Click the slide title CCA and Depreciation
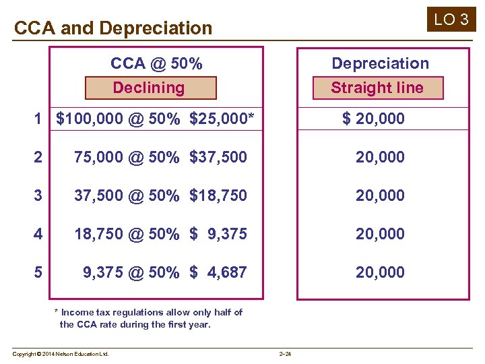113,28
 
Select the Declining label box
150,88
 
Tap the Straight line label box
377,88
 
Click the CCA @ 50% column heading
156,63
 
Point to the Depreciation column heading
380,63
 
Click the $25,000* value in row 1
222,119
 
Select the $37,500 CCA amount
218,157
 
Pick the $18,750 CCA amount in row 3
218,195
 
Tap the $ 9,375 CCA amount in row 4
218,234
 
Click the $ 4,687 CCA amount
218,272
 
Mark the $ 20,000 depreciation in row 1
373,119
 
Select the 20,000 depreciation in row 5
381,272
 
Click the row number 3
38,195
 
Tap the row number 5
38,272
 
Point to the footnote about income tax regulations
148,318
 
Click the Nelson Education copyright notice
61,354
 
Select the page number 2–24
285,354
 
